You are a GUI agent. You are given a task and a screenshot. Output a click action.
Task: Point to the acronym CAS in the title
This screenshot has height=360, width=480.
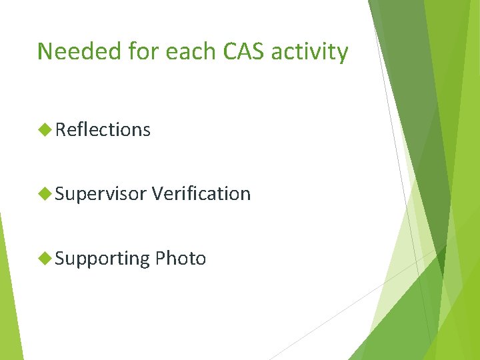230,51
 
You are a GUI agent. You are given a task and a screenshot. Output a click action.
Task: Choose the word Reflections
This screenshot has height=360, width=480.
103,130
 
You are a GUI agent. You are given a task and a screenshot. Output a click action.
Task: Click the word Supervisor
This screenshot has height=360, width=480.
101,194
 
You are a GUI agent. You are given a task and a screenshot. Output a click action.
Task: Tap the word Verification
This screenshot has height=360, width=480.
201,194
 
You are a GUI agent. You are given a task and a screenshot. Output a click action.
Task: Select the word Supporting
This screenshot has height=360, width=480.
103,259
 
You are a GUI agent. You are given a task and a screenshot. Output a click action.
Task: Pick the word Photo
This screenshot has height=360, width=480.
180,259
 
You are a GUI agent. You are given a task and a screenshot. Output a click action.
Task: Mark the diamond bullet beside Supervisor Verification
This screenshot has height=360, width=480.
45,194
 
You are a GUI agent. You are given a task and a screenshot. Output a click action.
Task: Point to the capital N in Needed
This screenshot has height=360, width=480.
45,51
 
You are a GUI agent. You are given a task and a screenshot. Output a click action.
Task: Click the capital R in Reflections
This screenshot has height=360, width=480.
61,130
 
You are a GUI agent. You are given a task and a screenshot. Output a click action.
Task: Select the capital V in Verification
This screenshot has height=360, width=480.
157,194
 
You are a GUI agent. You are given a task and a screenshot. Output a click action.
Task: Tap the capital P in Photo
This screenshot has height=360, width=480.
159,259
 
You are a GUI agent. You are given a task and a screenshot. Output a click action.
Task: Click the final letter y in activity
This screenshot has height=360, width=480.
342,54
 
